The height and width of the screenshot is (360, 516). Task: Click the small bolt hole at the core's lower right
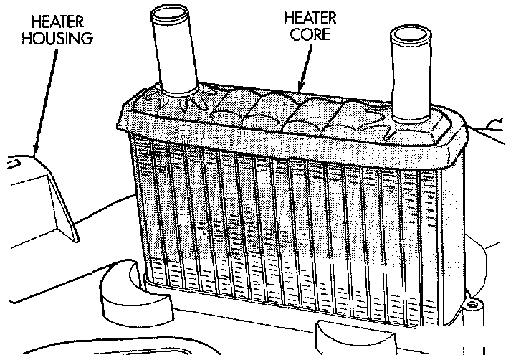(x=472, y=307)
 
